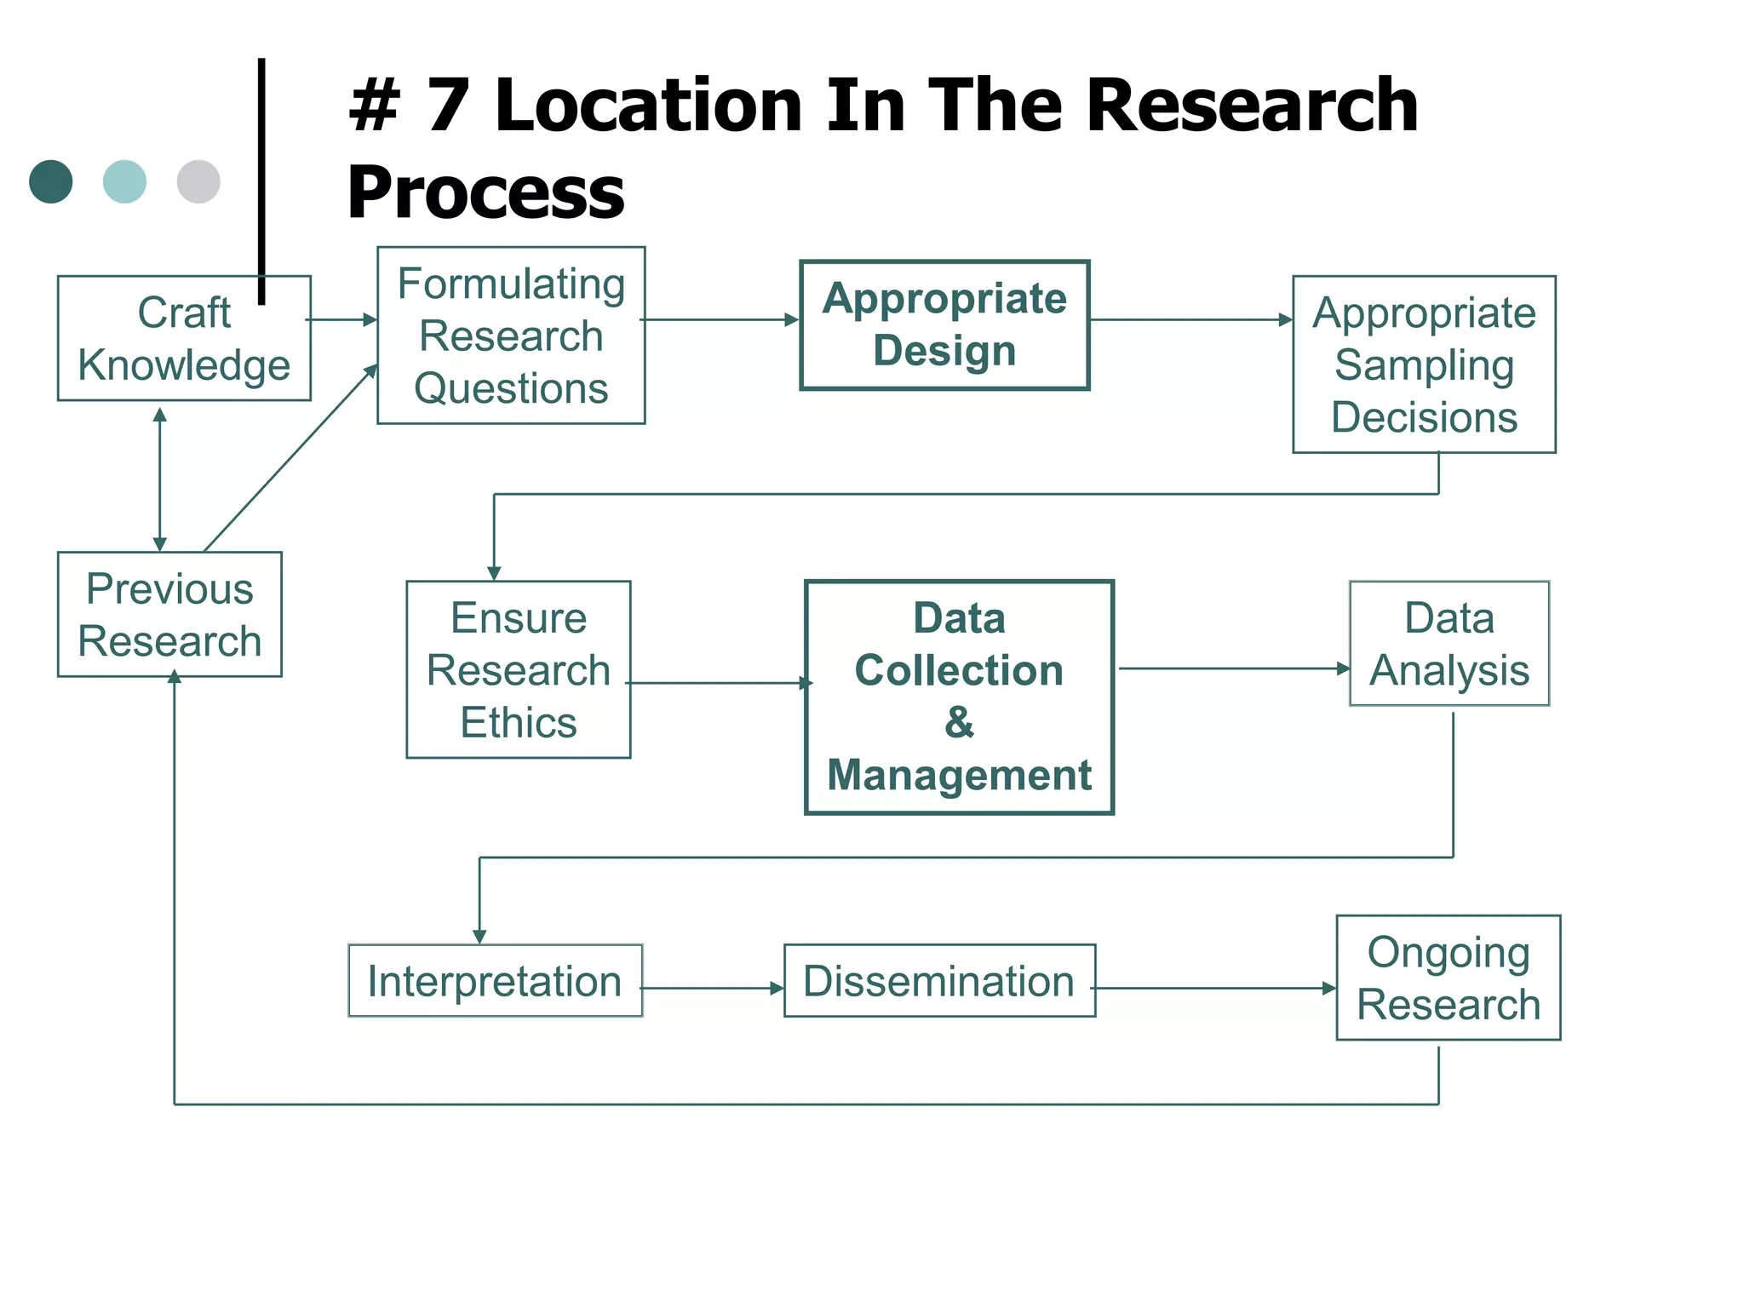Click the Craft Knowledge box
point(184,338)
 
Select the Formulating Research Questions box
point(511,336)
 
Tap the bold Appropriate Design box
point(944,324)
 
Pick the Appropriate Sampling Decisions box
point(1424,364)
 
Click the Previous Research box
point(169,614)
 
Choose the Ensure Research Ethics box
point(519,669)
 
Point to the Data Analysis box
point(1449,644)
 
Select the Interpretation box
point(495,981)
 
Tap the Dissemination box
point(939,981)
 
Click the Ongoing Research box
point(1449,978)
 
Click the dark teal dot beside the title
point(51,181)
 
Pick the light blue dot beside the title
point(124,181)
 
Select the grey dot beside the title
point(198,181)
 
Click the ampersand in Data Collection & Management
point(959,722)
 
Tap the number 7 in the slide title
point(448,106)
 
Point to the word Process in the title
point(485,192)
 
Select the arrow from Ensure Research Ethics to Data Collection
point(720,683)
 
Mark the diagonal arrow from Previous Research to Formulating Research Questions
point(290,458)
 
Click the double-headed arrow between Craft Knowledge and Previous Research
point(159,479)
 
